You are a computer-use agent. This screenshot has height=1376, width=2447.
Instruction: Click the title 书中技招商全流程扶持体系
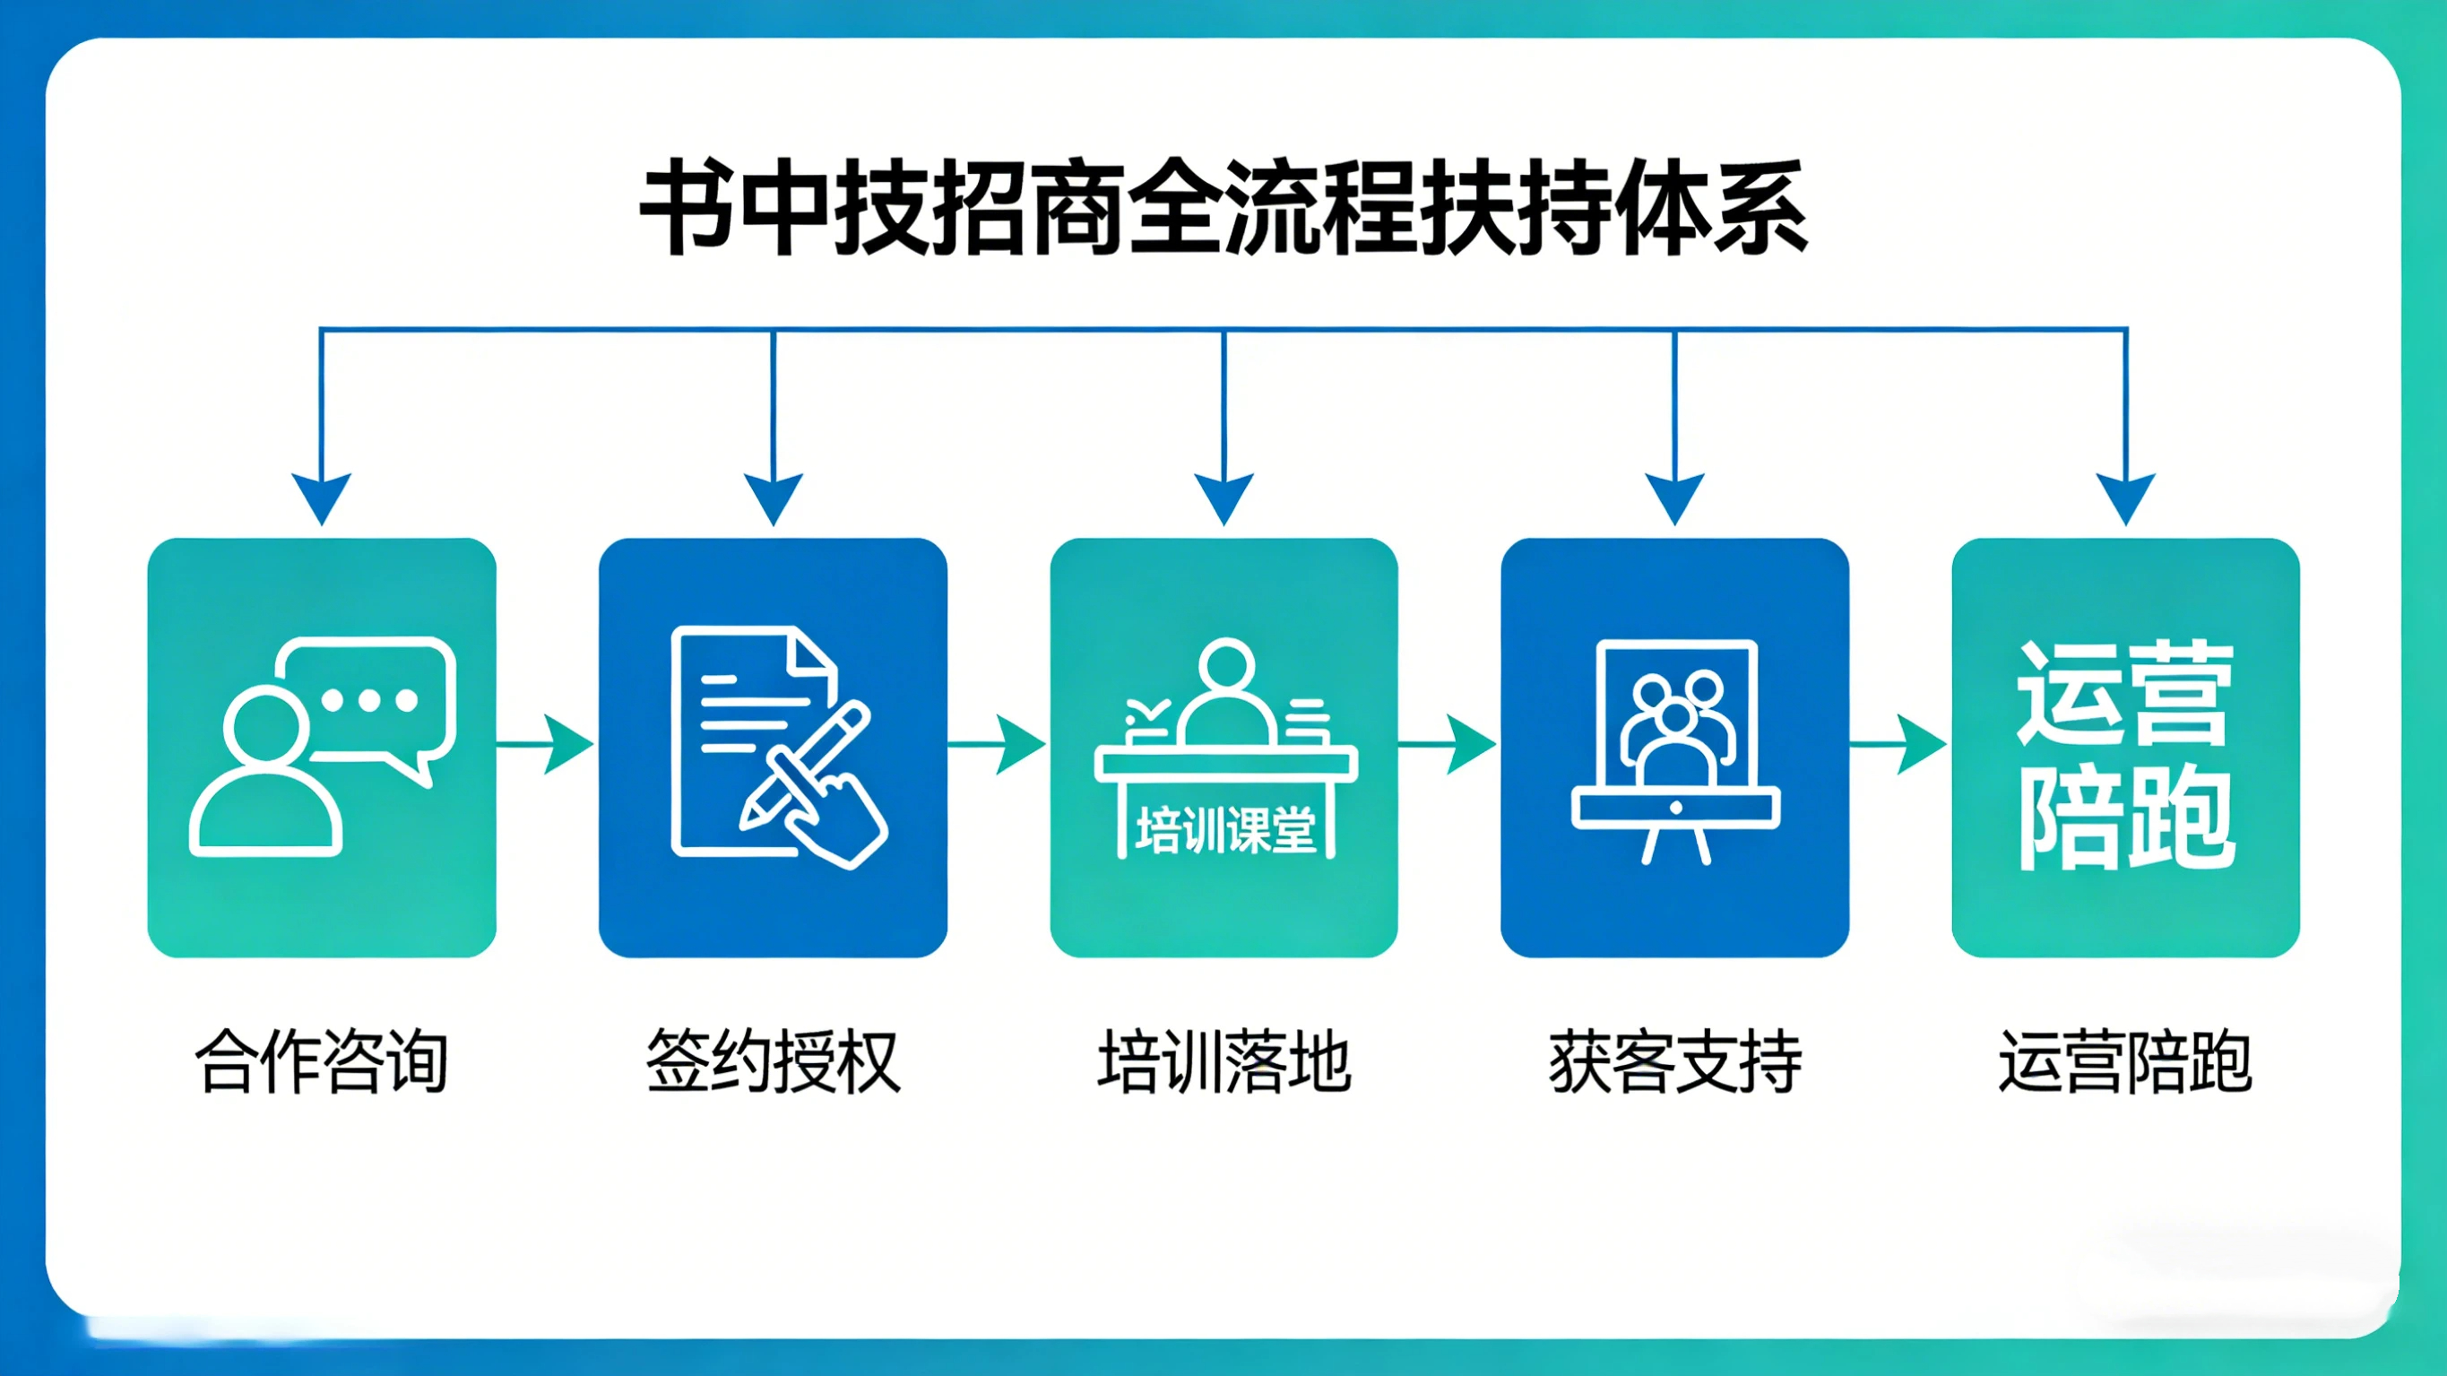[x=1223, y=207]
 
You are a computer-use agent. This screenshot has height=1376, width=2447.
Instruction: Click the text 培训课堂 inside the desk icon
[x=1225, y=829]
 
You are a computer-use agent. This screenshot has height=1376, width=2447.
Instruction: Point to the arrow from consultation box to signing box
[x=547, y=744]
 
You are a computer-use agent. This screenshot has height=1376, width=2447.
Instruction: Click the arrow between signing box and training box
[x=999, y=744]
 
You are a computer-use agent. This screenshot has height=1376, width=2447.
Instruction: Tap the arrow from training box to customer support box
[x=1449, y=744]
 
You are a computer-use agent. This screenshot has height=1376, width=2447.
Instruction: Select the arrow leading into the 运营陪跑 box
[x=1900, y=744]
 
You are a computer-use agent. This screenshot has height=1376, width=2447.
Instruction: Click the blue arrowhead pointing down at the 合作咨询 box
[x=321, y=496]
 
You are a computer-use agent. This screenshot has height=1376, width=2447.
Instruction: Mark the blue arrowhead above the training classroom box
[x=1223, y=496]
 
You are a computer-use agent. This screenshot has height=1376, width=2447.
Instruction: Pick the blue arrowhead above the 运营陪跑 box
[x=2125, y=496]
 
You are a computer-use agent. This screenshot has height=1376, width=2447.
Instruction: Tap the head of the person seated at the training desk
[x=1226, y=665]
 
